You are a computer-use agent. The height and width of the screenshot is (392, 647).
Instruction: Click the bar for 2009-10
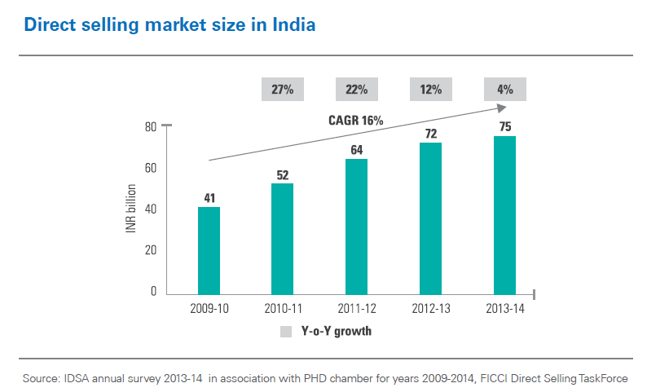(209, 250)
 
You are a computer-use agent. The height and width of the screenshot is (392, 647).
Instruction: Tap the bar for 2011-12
(356, 227)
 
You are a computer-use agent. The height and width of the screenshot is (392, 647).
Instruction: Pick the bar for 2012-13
(430, 218)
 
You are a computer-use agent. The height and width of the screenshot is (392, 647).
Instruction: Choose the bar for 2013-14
(504, 215)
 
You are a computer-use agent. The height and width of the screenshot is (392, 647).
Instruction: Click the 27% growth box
(282, 89)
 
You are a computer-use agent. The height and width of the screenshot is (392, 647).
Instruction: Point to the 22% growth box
(356, 89)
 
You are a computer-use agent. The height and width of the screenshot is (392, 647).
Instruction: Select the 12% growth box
(430, 89)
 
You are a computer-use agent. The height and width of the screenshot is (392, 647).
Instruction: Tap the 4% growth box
(504, 89)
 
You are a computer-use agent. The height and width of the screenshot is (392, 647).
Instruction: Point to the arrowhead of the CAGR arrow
(502, 108)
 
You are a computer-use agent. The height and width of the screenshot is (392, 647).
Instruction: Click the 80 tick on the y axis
(151, 126)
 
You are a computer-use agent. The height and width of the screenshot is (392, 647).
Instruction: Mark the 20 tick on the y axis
(151, 250)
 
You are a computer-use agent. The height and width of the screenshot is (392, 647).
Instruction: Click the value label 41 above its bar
(209, 198)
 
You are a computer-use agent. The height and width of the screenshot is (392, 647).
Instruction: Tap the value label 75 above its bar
(504, 126)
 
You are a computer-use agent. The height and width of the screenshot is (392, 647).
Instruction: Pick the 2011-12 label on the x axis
(356, 309)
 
